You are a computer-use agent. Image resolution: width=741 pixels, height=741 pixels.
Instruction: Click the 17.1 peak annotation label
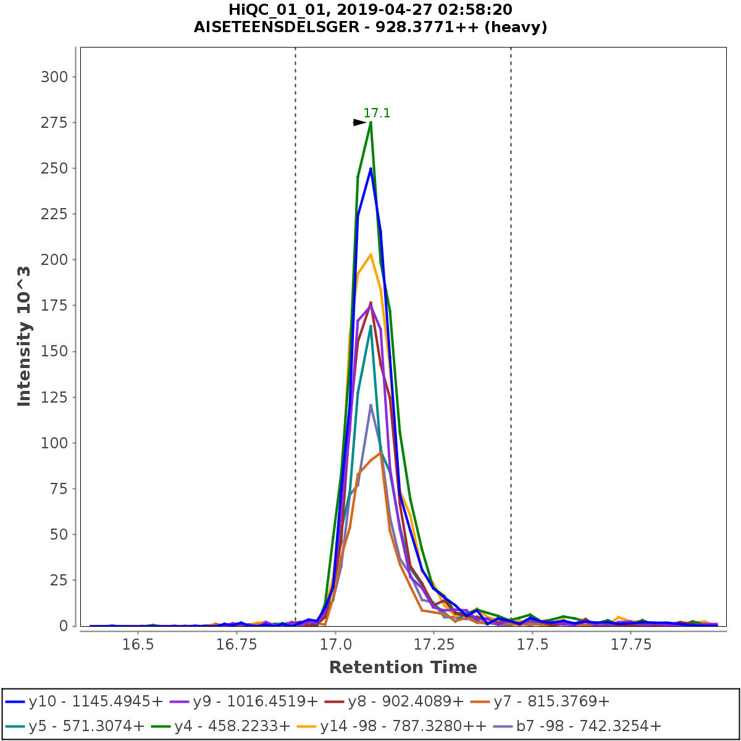(377, 113)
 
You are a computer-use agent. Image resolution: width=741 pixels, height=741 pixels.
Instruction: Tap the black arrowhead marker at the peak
(359, 122)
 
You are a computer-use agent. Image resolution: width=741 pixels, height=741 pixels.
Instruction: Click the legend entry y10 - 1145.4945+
(85, 701)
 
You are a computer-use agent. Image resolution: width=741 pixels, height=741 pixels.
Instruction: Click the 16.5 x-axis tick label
(138, 644)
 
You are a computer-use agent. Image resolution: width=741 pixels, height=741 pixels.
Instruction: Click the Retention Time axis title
(403, 668)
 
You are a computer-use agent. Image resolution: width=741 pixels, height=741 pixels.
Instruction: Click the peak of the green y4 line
(371, 122)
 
